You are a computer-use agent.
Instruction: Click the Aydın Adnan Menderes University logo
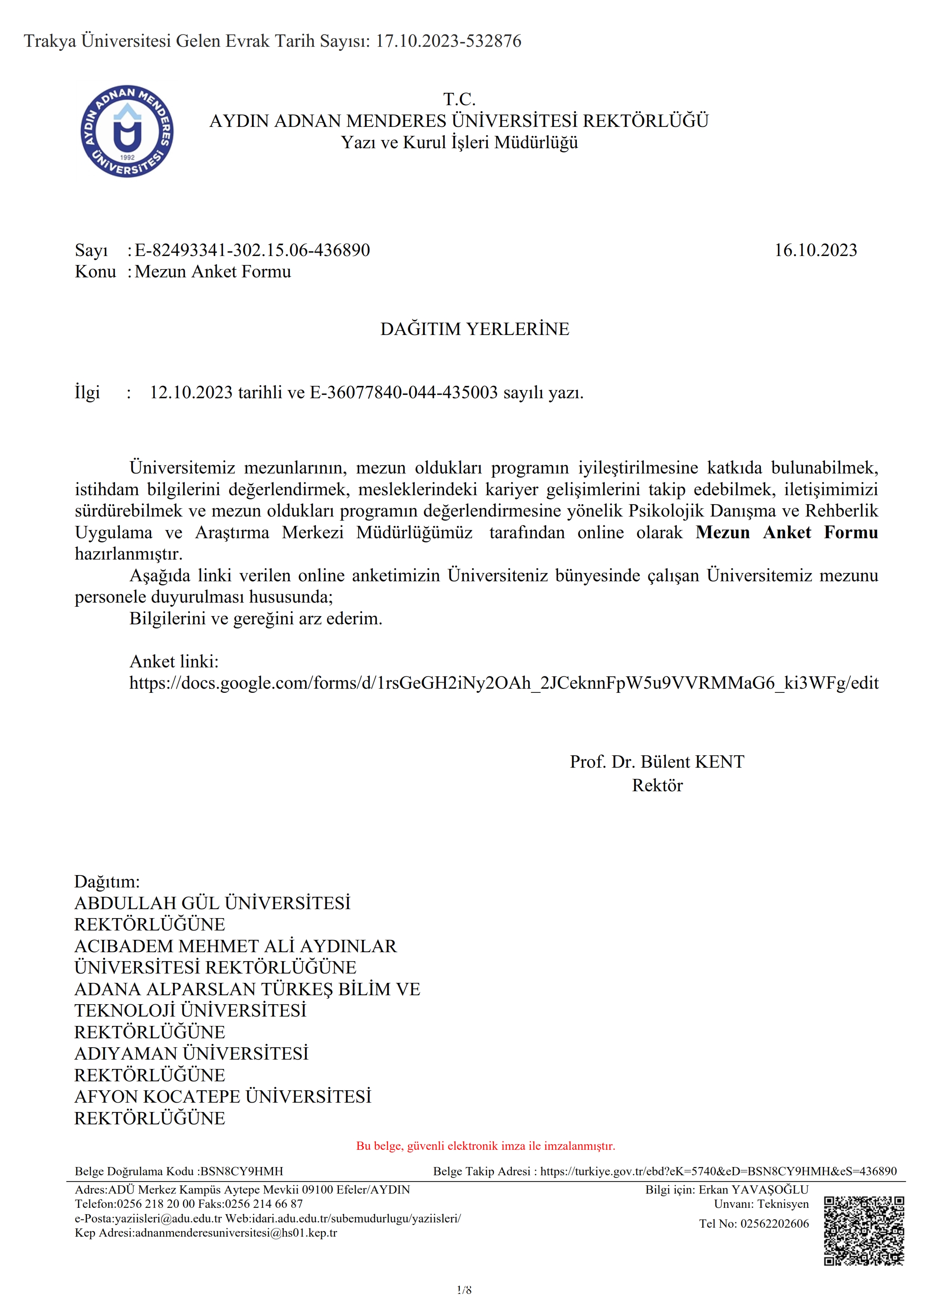point(127,131)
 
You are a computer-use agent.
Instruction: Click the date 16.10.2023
point(815,250)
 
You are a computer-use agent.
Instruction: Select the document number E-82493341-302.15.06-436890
point(252,250)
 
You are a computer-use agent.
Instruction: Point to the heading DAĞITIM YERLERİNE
point(475,329)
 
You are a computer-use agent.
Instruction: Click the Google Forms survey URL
point(504,682)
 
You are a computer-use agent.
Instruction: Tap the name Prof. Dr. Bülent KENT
point(657,762)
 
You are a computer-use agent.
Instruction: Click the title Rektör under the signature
point(657,785)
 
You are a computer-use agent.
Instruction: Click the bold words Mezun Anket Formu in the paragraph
point(787,532)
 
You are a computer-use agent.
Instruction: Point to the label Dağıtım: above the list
point(107,881)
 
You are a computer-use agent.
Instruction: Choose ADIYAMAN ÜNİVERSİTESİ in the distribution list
point(192,1053)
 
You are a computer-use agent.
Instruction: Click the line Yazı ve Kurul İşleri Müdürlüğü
point(460,142)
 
